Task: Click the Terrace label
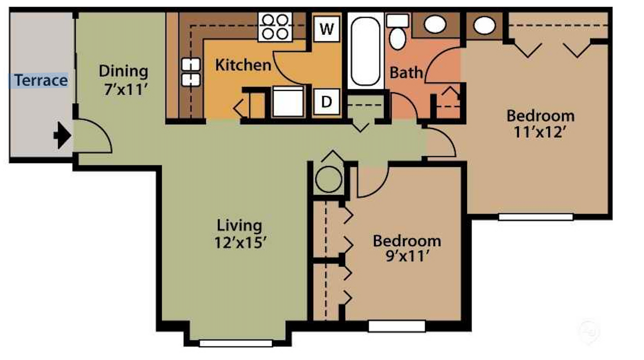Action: [x=41, y=80]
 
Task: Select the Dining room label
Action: [x=123, y=71]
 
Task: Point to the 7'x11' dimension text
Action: [x=126, y=89]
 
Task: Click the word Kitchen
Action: [x=243, y=65]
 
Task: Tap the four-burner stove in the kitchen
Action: [x=275, y=27]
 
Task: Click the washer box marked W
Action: [x=326, y=29]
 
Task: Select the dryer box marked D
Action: [x=326, y=102]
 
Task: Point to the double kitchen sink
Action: [x=191, y=72]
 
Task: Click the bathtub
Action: [x=365, y=51]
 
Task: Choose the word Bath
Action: [x=406, y=73]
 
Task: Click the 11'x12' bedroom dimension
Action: [x=540, y=132]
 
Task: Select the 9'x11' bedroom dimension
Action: [x=407, y=256]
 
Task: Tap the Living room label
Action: [x=239, y=225]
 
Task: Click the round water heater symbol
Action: [x=329, y=180]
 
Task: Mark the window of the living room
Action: [x=235, y=343]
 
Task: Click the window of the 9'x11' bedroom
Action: [x=397, y=326]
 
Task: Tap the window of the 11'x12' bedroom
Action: [x=535, y=217]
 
